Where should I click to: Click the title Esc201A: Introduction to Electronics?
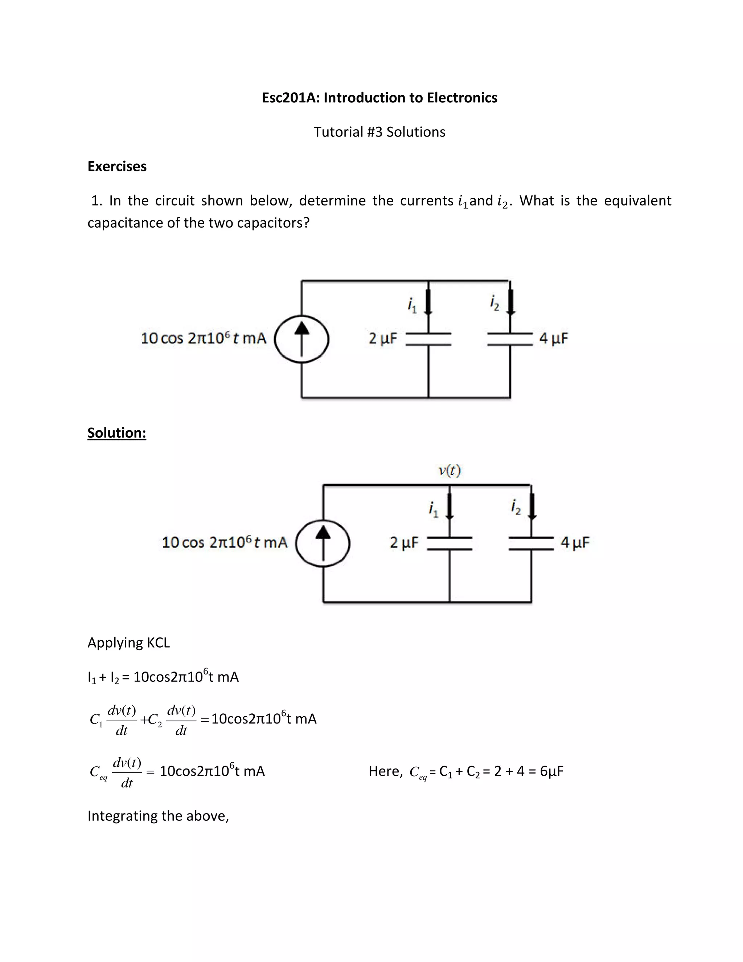(x=379, y=97)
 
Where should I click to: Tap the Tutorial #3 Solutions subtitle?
(x=379, y=132)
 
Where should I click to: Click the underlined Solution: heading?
(x=117, y=433)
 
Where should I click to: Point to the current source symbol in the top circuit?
(x=301, y=339)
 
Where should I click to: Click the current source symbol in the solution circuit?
(x=323, y=543)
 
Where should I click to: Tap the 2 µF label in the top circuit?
(x=382, y=338)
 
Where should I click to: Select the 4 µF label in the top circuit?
(x=554, y=338)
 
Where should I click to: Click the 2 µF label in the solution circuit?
(x=404, y=542)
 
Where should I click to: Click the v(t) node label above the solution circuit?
(x=450, y=471)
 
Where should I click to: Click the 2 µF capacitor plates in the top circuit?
(x=428, y=339)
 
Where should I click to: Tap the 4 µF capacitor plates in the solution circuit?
(x=531, y=543)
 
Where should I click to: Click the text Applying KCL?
(x=128, y=643)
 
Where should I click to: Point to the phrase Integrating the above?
(x=158, y=816)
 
